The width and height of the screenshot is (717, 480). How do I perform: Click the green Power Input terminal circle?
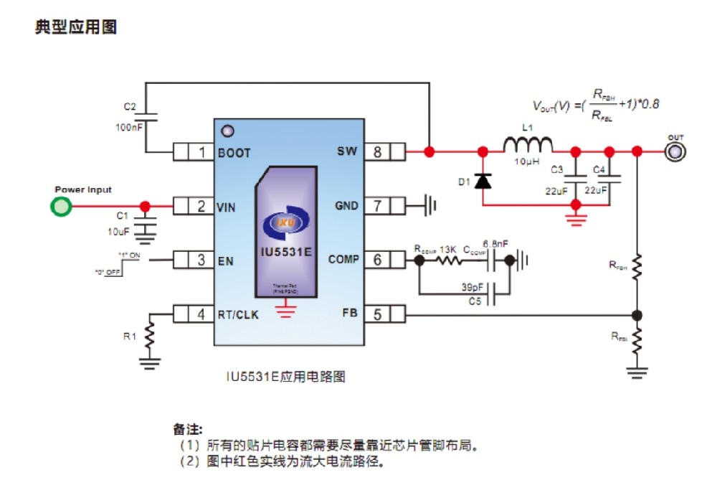[62, 207]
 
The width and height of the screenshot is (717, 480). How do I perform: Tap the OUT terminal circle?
[675, 152]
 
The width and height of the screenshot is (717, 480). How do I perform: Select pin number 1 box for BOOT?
[201, 152]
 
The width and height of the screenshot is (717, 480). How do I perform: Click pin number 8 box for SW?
[376, 152]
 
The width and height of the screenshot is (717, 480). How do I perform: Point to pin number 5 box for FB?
[376, 314]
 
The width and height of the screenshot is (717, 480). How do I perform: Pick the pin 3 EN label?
[226, 260]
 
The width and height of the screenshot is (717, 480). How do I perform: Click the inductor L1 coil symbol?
[528, 145]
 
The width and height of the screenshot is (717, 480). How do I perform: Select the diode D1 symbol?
[484, 181]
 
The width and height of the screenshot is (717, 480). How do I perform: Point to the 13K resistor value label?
[449, 248]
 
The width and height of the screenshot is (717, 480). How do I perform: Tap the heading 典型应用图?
[76, 28]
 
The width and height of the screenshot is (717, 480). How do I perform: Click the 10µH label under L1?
[527, 163]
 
